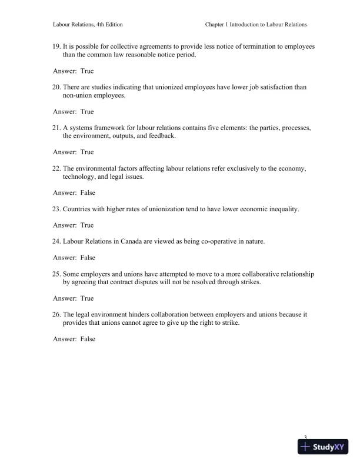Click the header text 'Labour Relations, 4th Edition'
(88, 25)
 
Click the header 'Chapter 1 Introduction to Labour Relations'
(256, 25)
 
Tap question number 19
(56, 46)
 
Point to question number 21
(56, 128)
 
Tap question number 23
(56, 209)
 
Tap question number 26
(56, 315)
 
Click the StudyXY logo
(323, 447)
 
